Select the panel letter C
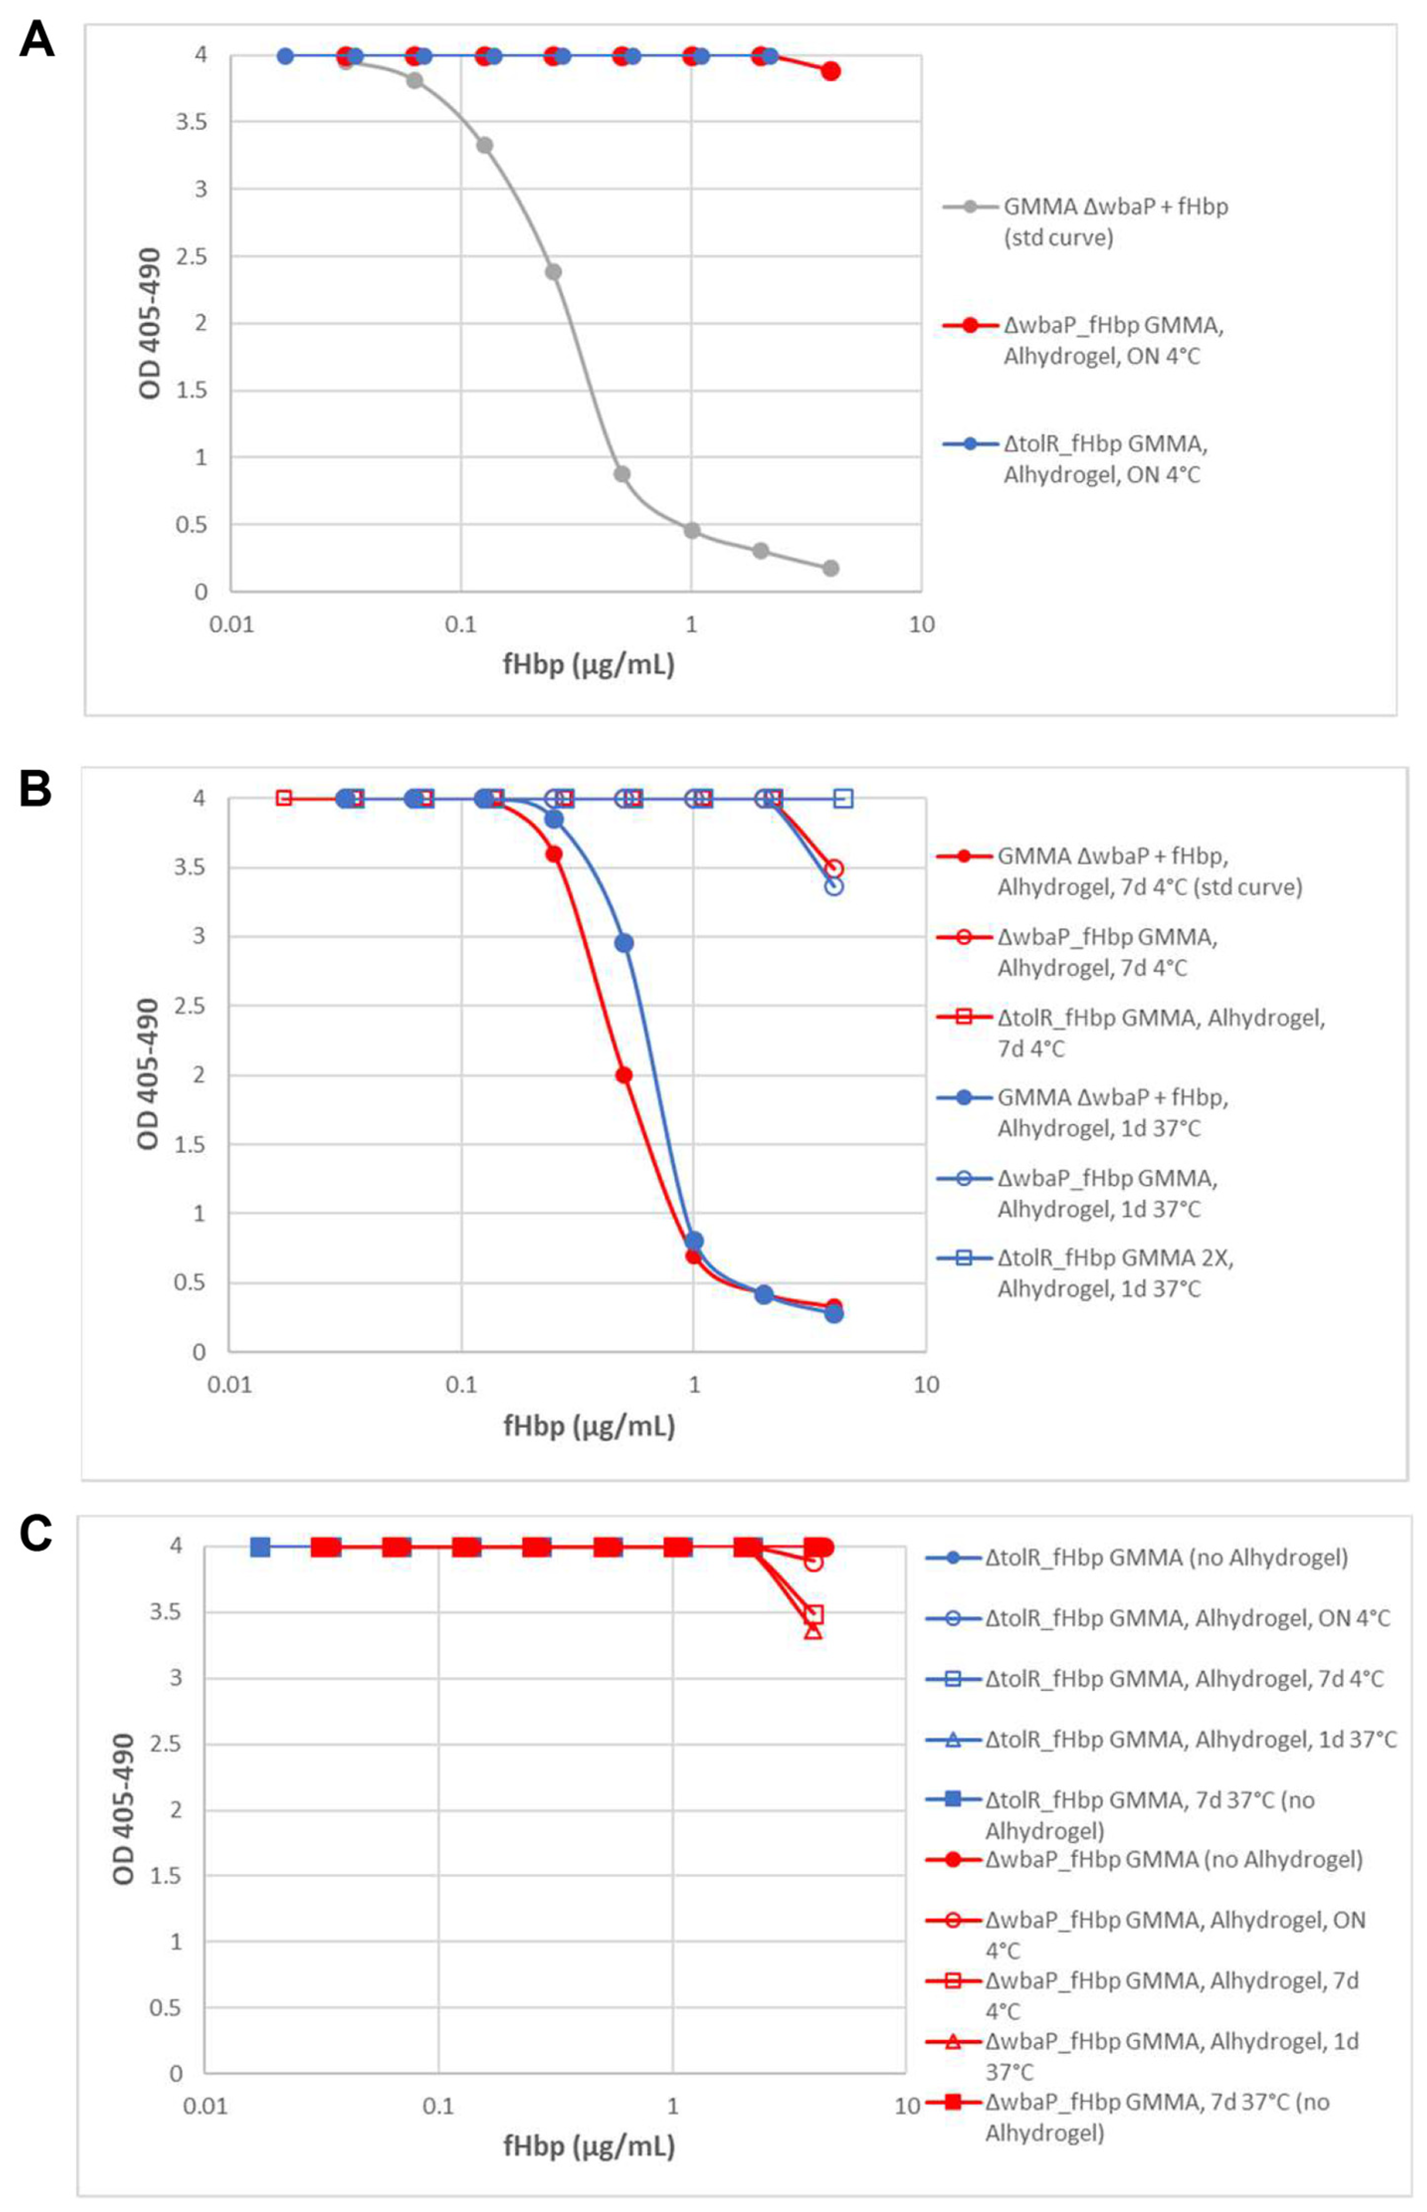click(35, 1534)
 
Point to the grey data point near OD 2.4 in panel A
click(553, 272)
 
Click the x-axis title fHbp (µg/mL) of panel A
click(588, 664)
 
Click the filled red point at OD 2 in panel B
click(624, 1075)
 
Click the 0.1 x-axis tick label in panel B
click(461, 1385)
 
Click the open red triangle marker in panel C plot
click(813, 1629)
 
